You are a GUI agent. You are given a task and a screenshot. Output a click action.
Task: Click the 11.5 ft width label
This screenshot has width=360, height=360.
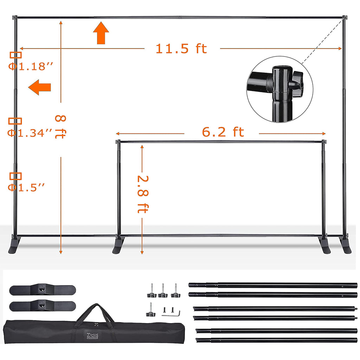(x=181, y=49)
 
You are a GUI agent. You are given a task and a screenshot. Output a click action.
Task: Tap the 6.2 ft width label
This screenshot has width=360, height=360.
(x=223, y=132)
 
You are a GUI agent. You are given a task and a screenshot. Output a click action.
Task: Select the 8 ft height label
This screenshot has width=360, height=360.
(x=60, y=127)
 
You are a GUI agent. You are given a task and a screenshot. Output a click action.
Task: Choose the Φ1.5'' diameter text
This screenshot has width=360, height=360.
(x=27, y=188)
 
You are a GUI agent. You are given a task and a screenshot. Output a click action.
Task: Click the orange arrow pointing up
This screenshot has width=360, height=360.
(x=101, y=32)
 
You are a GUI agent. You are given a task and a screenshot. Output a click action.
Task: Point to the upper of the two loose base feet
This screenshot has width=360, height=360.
(x=42, y=290)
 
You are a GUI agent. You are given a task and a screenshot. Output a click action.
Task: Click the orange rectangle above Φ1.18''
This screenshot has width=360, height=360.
(x=15, y=55)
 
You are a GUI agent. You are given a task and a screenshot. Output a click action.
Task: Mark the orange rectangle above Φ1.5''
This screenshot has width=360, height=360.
(x=15, y=176)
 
